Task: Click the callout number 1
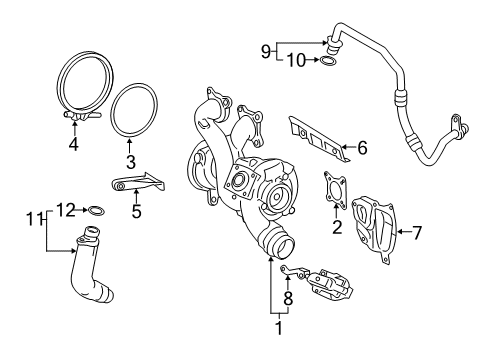(x=279, y=328)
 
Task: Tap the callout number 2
(x=337, y=227)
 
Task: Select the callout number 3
(x=131, y=162)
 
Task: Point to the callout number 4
(x=74, y=144)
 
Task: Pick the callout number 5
(x=136, y=211)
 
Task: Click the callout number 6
(x=362, y=147)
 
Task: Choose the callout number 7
(x=417, y=232)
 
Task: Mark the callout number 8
(x=288, y=298)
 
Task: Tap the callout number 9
(x=266, y=52)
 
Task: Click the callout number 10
(x=296, y=61)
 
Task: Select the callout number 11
(x=33, y=219)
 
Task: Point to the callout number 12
(x=66, y=210)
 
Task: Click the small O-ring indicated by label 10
(x=327, y=61)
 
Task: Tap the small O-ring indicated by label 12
(x=96, y=211)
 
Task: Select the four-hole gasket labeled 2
(x=335, y=189)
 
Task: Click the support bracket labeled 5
(x=138, y=183)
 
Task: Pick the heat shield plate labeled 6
(x=319, y=139)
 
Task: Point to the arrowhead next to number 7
(x=400, y=231)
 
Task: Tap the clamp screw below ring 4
(x=81, y=115)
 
